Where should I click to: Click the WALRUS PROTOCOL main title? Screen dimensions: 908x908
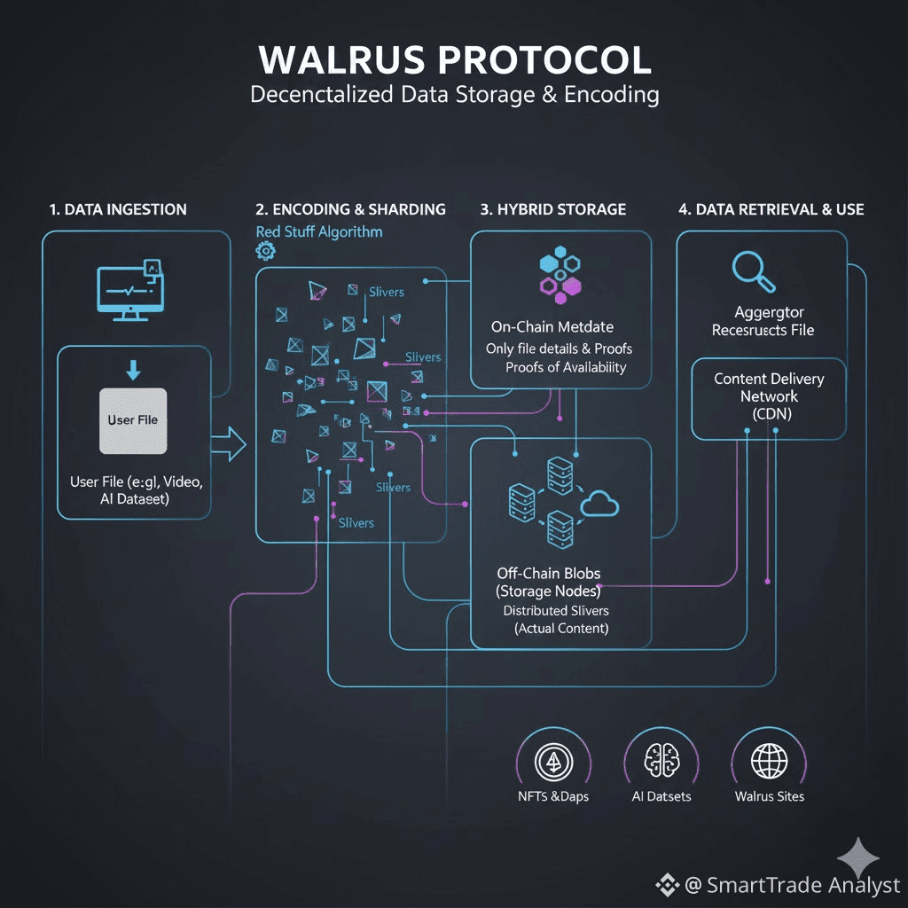coord(454,59)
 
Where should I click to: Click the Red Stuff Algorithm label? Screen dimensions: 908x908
coord(319,231)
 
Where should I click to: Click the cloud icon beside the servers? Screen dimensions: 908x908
coord(599,505)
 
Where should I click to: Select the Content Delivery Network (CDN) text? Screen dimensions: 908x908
coord(769,395)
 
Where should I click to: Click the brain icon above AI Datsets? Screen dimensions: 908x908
coord(661,761)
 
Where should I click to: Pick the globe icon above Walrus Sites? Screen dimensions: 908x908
coord(769,761)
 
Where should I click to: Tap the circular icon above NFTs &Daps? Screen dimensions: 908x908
coord(552,761)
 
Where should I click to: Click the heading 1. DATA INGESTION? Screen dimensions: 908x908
coord(118,209)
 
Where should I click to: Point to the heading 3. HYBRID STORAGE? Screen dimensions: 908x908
coord(553,209)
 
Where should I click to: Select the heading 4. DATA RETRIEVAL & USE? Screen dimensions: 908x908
coord(771,209)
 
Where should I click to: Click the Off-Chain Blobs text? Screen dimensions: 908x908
coord(548,573)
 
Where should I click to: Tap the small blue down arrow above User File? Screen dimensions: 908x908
coord(133,370)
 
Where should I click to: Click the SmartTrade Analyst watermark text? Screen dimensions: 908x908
coord(791,884)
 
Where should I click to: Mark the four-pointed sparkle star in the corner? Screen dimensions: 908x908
coord(858,858)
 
